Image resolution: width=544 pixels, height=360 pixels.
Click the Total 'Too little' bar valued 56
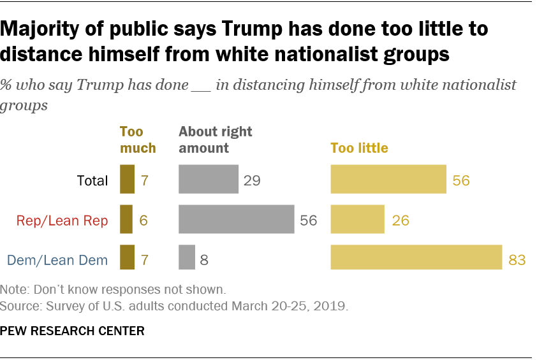coord(388,179)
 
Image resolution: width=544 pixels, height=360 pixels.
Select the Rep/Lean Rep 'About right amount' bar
coord(236,219)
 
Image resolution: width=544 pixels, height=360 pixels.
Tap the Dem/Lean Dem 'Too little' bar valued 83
coord(416,259)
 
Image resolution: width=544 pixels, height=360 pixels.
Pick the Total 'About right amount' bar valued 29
coord(209,179)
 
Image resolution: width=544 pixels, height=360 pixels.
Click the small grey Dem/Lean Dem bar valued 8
coord(187,259)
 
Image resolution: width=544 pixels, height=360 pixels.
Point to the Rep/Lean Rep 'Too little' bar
coord(357,219)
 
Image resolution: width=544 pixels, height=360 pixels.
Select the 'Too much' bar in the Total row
coord(128,179)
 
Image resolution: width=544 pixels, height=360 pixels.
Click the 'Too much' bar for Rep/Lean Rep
coord(126,219)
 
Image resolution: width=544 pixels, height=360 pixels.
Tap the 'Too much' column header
coord(138,140)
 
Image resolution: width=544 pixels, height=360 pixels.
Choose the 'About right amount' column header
coord(216,140)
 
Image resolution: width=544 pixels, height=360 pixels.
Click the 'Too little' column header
coord(359,148)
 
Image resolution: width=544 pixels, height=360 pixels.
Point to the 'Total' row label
coord(92,180)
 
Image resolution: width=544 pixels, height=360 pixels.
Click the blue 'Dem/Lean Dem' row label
coord(57,260)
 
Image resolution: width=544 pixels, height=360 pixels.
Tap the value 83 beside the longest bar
coord(517,260)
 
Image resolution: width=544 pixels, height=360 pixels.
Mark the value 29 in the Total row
coord(253,180)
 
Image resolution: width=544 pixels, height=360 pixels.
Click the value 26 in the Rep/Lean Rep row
coord(400,220)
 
